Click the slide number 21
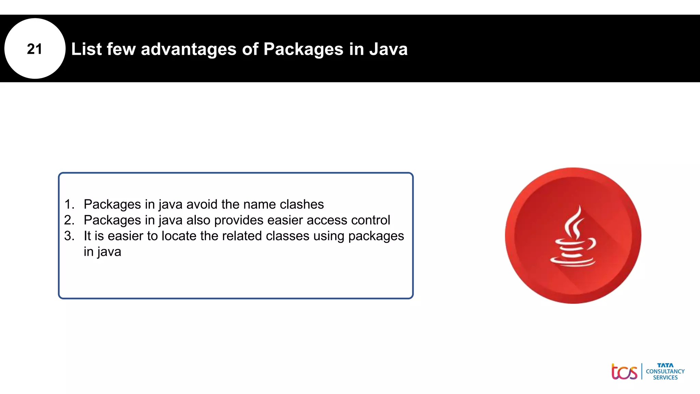coord(35,49)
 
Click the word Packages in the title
coord(303,49)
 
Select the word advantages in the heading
coord(189,49)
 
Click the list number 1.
coord(69,204)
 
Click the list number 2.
coord(69,220)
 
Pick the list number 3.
coord(69,236)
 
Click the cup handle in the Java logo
coord(592,244)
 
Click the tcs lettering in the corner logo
coord(624,372)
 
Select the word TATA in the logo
coord(665,365)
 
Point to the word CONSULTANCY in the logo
coord(665,371)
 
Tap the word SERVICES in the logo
coord(665,378)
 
